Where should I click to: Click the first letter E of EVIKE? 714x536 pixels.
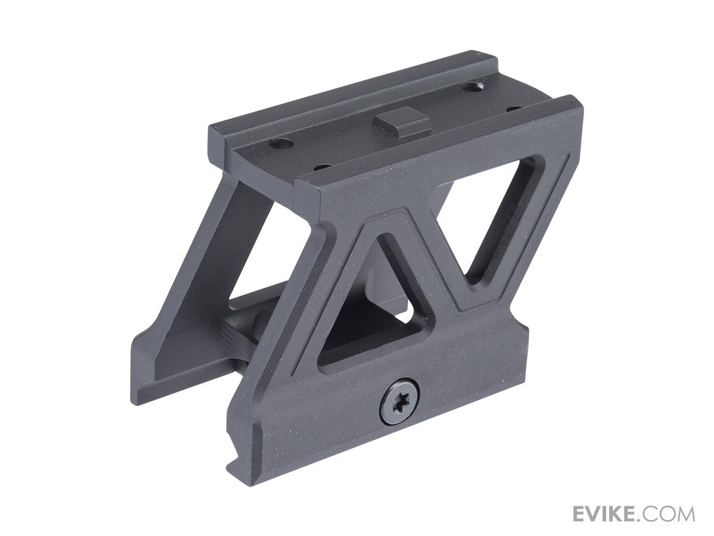581,513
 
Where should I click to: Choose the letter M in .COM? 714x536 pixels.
684,513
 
